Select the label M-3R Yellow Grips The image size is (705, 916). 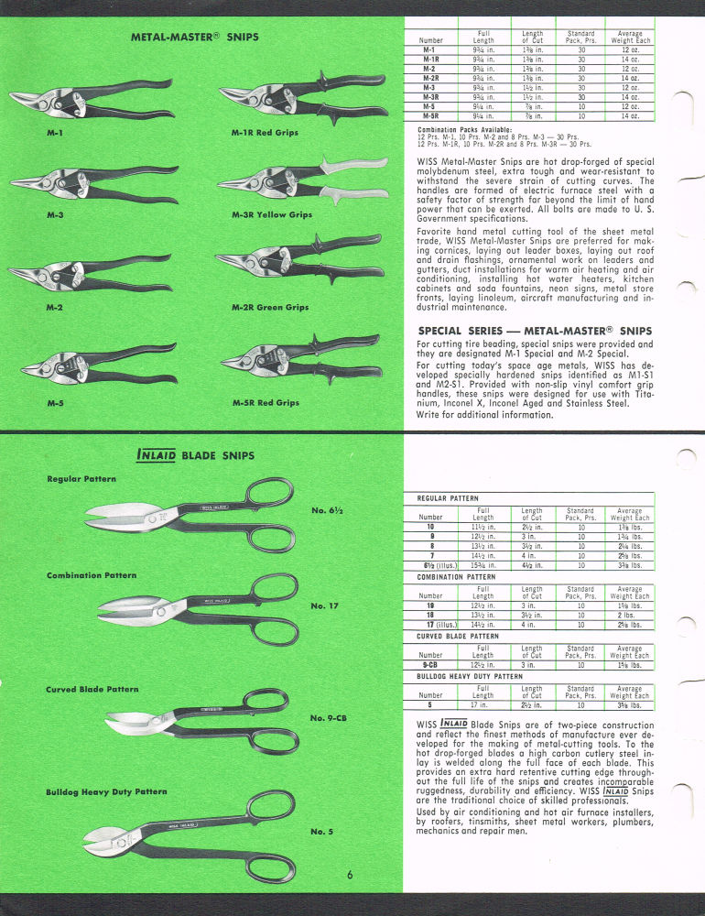point(271,214)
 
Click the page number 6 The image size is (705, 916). point(351,875)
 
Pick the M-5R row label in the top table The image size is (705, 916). point(430,116)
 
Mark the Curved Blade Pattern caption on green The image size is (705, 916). point(93,689)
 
